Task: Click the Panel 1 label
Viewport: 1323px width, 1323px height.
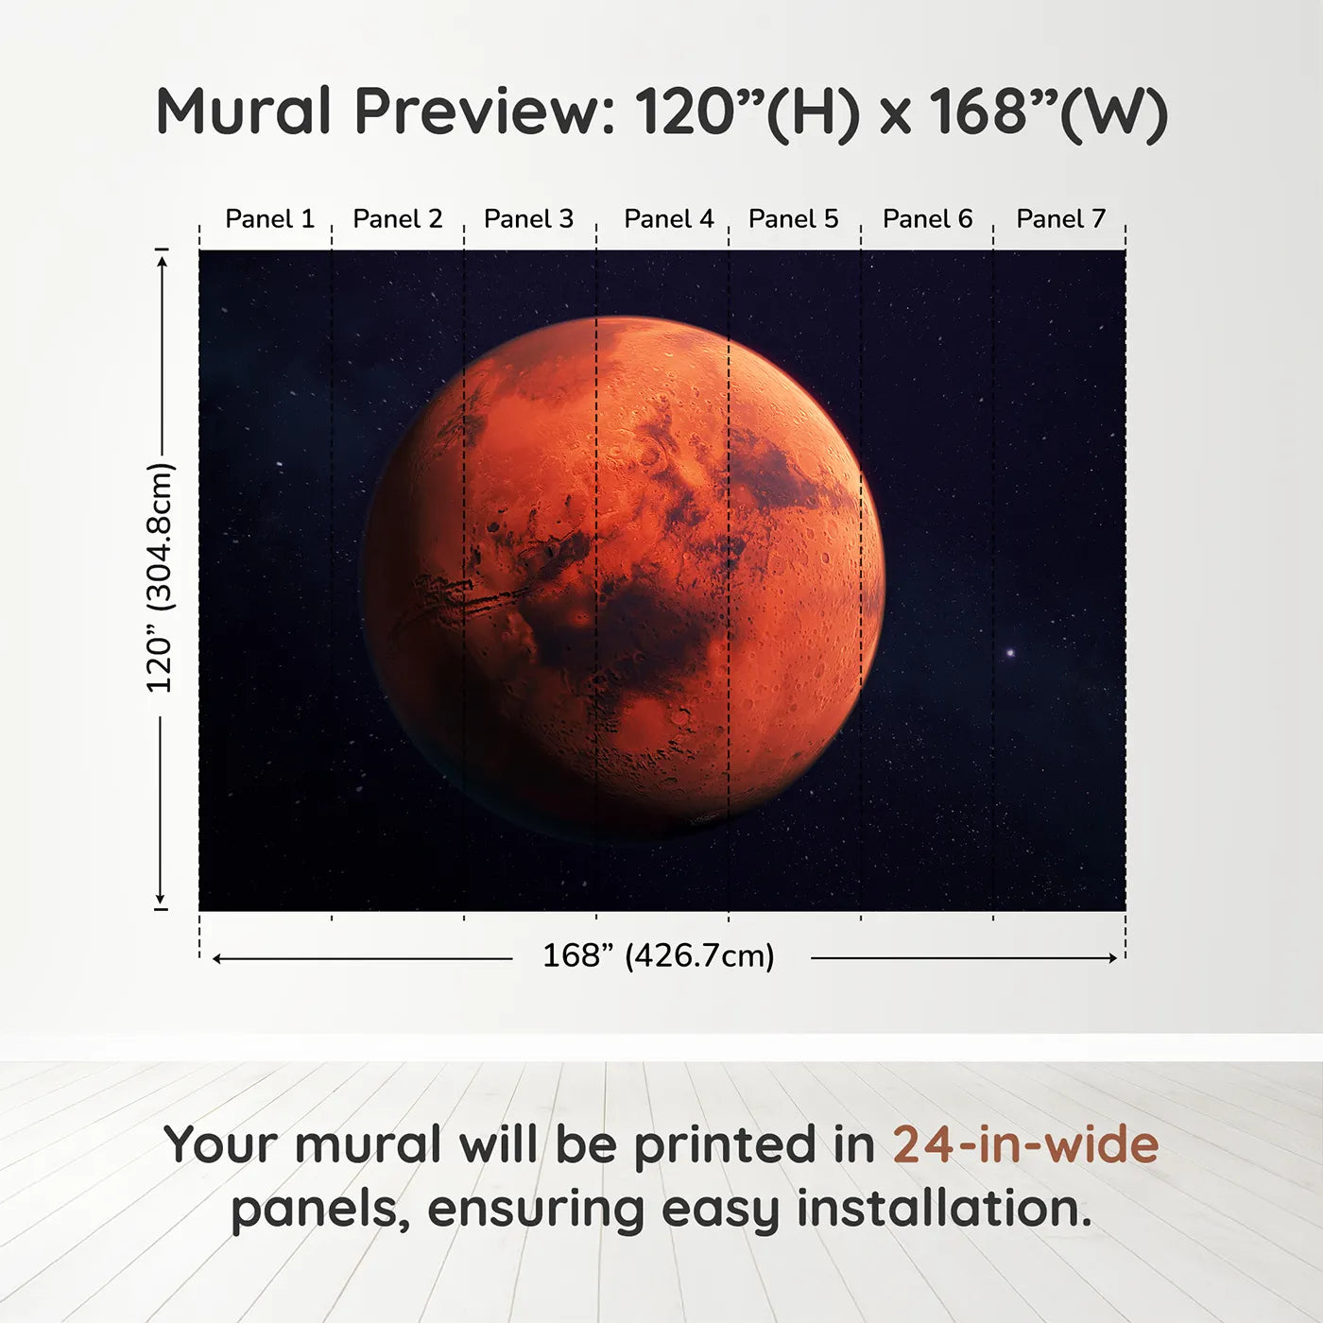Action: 269,219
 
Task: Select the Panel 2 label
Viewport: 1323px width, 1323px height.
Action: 397,219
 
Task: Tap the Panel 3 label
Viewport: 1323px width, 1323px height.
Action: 528,219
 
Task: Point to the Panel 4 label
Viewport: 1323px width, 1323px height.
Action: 668,219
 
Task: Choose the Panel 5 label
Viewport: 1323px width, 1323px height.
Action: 793,219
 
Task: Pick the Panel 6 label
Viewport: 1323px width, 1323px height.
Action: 927,219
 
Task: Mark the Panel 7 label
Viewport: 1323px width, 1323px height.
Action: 1060,219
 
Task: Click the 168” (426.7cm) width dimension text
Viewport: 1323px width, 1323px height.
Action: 658,955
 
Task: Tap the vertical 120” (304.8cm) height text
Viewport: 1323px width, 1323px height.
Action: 160,578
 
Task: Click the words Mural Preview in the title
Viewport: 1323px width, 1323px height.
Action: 386,112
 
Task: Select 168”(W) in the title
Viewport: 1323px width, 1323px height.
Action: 1048,112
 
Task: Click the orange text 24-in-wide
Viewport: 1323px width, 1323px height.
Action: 1025,1144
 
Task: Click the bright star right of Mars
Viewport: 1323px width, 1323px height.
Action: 1010,653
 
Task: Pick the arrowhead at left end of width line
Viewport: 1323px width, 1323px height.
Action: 217,958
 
